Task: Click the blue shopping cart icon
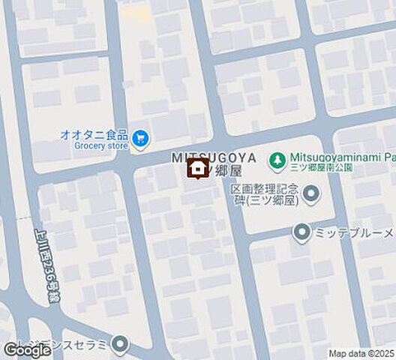click(139, 139)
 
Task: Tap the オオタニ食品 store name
click(94, 135)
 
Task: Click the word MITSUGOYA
click(214, 157)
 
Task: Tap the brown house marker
click(197, 170)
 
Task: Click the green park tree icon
click(278, 158)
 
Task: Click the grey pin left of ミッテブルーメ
click(301, 233)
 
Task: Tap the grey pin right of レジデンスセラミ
click(119, 345)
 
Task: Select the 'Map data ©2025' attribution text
click(361, 353)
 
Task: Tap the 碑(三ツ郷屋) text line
click(265, 201)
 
